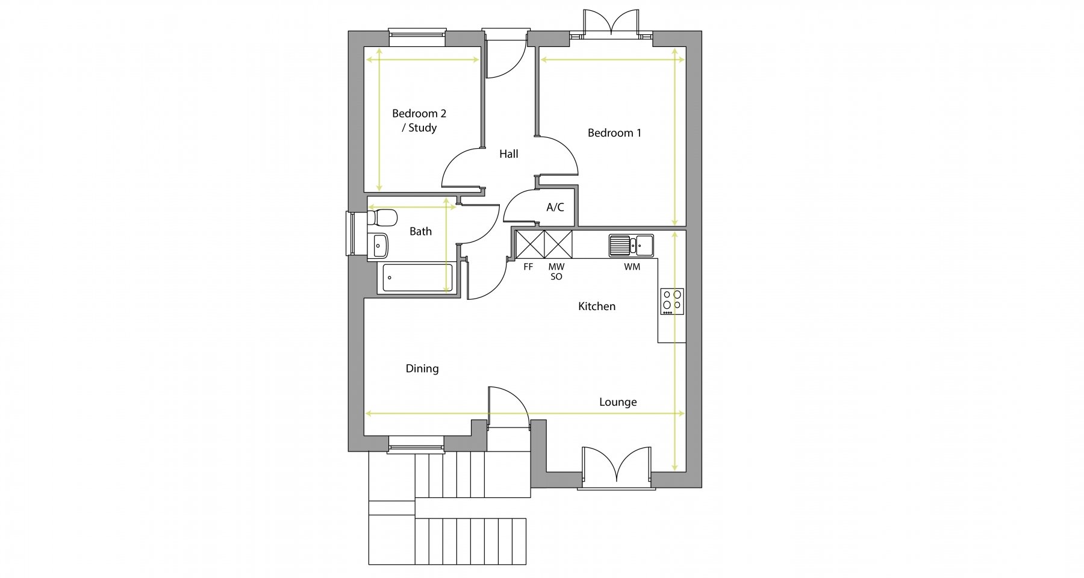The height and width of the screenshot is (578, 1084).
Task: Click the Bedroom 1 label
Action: [614, 133]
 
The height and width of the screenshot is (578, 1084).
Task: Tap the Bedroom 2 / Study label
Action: [419, 120]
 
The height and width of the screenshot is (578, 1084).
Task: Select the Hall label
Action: [509, 154]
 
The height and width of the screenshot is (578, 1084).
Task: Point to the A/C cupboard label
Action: [555, 208]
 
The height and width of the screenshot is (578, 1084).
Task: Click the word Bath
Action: [420, 231]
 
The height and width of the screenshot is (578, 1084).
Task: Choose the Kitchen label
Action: [597, 306]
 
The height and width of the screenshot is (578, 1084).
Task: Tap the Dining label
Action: [422, 368]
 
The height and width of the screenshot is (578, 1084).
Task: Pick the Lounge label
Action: [618, 402]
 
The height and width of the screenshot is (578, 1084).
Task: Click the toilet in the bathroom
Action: [382, 217]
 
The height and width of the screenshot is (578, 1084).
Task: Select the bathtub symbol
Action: [417, 278]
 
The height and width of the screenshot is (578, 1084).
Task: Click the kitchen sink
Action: [631, 245]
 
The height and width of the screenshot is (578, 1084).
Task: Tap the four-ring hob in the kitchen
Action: [672, 301]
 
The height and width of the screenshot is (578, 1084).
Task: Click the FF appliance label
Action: [528, 267]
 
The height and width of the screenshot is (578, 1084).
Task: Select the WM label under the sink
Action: [632, 267]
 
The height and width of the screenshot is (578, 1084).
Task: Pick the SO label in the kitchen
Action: [556, 277]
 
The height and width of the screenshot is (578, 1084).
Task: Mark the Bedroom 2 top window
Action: [417, 37]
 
